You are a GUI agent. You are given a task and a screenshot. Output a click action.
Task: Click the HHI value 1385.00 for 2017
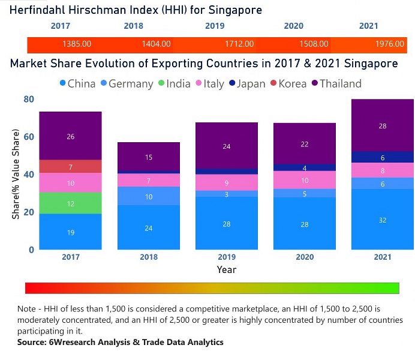point(76,44)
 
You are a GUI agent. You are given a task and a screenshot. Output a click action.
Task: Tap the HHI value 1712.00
point(239,44)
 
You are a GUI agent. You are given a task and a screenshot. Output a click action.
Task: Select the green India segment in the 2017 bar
point(71,204)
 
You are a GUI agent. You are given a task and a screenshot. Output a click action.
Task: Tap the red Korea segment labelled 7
point(71,167)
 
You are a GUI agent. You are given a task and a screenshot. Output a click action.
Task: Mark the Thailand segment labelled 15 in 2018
point(149,157)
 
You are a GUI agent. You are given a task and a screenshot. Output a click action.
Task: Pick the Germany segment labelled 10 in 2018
point(149,196)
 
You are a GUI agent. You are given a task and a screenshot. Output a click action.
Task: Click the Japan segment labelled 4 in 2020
point(305,168)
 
